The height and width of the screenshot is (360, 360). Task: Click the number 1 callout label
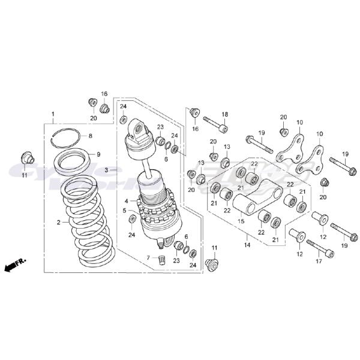pos(53,114)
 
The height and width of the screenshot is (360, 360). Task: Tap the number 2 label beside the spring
pos(59,223)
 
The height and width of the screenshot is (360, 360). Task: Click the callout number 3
pos(106,170)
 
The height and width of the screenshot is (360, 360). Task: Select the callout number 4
pos(127,200)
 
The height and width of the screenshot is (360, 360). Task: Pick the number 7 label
pos(148,257)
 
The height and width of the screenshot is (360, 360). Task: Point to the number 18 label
pos(225,114)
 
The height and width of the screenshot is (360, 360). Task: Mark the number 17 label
pos(319,261)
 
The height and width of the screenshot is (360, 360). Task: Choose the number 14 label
pos(247,245)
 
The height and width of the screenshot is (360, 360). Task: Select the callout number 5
pos(125,211)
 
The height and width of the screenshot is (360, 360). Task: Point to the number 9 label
pos(99,154)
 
